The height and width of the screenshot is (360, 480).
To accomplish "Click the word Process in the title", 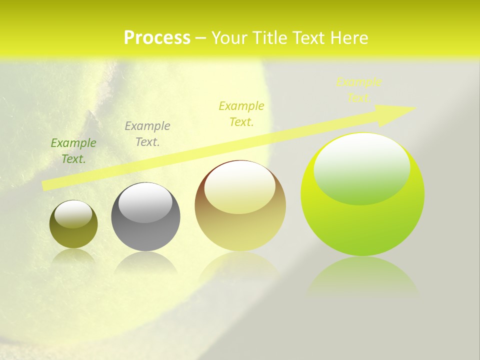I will click(157, 38).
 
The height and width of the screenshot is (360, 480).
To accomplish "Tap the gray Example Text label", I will click(147, 134).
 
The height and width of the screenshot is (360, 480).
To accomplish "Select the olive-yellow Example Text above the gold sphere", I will click(241, 113).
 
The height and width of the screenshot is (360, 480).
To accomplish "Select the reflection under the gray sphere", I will click(145, 262).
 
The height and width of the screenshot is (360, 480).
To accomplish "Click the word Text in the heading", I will click(310, 38).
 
